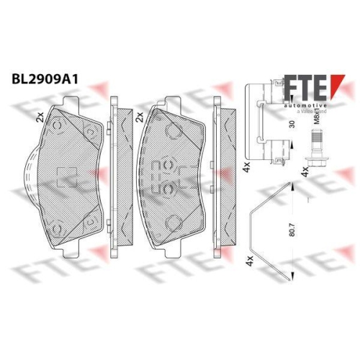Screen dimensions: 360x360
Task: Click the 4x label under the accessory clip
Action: tap(247, 166)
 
